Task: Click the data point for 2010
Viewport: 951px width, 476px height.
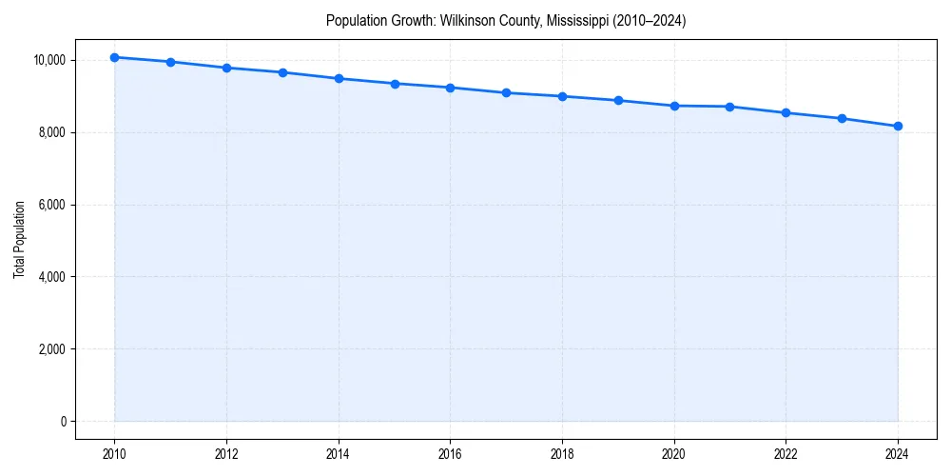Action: pyautogui.click(x=115, y=57)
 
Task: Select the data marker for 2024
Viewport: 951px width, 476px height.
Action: pyautogui.click(x=898, y=127)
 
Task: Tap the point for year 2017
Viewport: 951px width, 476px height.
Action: pyautogui.click(x=506, y=93)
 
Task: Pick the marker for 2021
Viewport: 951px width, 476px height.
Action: pyautogui.click(x=729, y=107)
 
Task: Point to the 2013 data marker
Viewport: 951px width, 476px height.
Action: pyautogui.click(x=282, y=72)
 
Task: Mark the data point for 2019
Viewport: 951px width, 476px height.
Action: pyautogui.click(x=618, y=100)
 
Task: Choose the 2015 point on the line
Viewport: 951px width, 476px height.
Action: pyautogui.click(x=395, y=84)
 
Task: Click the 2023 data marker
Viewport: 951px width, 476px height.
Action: pyautogui.click(x=842, y=118)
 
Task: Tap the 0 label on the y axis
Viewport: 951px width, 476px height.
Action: pyautogui.click(x=64, y=422)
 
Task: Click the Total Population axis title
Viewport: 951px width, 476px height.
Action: pyautogui.click(x=19, y=240)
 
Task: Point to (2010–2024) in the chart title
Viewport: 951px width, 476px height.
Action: pyautogui.click(x=643, y=20)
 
